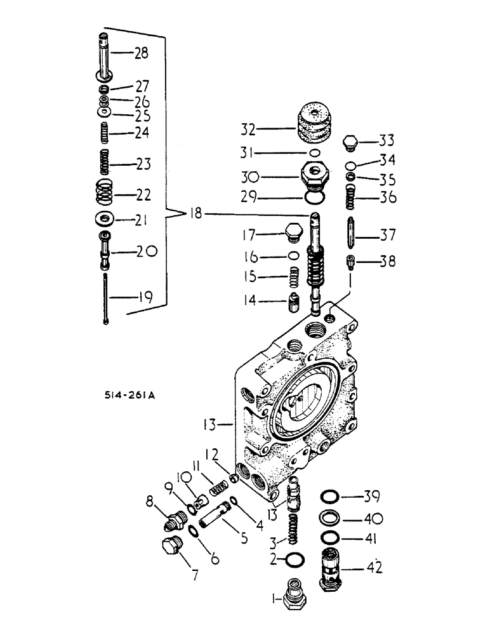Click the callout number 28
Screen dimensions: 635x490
tap(140, 53)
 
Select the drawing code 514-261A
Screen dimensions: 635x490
tap(131, 394)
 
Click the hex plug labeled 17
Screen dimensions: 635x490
tap(293, 232)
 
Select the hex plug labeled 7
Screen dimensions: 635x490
tap(171, 547)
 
